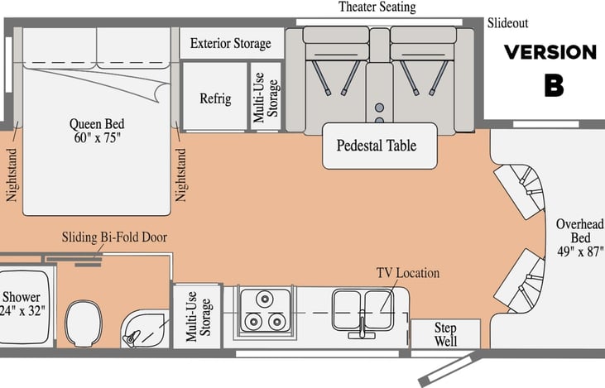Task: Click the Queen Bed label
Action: [x=97, y=131]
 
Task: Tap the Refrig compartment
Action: [x=215, y=97]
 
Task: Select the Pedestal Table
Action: [x=380, y=146]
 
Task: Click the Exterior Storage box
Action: [x=232, y=43]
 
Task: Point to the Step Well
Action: [x=445, y=334]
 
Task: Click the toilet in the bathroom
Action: [x=84, y=323]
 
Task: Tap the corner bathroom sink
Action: [x=144, y=330]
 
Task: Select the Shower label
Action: [x=22, y=304]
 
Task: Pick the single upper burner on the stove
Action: [x=265, y=298]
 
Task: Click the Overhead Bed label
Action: [x=580, y=237]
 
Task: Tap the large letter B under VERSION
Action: [x=554, y=85]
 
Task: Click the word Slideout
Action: [x=507, y=23]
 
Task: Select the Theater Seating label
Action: [x=377, y=7]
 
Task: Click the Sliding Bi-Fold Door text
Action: [x=114, y=237]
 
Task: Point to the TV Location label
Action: [x=408, y=273]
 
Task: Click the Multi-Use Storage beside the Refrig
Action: [x=266, y=97]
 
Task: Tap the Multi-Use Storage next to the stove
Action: [x=198, y=316]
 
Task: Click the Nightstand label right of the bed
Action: [x=180, y=175]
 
